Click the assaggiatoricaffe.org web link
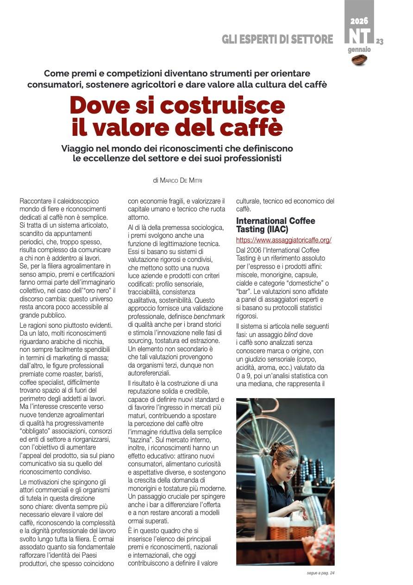(283, 240)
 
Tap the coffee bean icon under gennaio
(359, 59)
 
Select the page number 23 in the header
(380, 42)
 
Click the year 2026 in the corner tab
(359, 21)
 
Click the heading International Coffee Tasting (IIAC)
(275, 225)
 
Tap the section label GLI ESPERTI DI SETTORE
(277, 39)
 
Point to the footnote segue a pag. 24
(320, 573)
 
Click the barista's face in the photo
(284, 464)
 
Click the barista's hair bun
(274, 446)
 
